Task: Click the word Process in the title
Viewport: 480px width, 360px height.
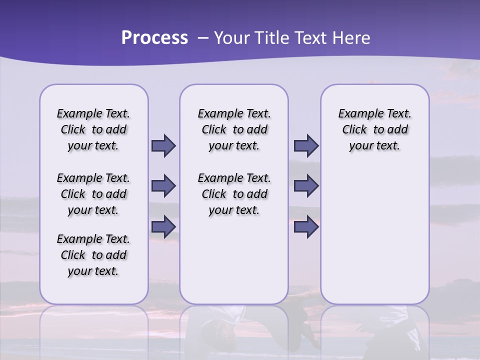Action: (154, 38)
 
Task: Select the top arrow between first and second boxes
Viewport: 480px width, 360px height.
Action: (163, 145)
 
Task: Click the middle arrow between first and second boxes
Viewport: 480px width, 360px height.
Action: (163, 186)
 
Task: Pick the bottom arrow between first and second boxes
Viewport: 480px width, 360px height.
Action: (163, 227)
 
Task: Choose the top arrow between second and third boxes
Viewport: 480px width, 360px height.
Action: (306, 145)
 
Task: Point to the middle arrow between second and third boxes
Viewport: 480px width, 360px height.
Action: (306, 186)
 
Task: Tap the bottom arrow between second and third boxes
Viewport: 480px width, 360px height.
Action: (306, 227)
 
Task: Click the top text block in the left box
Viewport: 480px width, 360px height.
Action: (93, 129)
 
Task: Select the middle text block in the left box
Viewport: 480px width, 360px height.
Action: (93, 194)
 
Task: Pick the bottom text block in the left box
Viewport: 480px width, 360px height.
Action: (93, 255)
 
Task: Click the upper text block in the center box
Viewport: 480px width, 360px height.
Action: (234, 129)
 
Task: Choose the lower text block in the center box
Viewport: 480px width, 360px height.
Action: (234, 194)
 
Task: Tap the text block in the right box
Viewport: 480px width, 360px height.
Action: (374, 129)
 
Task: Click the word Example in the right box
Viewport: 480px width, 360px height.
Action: (356, 114)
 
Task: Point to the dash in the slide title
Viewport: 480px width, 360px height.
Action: (203, 38)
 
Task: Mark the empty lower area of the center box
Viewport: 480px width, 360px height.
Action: (234, 260)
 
